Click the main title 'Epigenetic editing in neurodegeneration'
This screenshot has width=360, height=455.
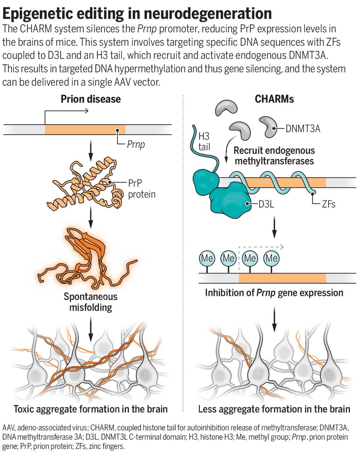137,14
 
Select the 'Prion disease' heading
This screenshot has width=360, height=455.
91,99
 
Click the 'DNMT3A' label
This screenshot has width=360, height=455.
303,129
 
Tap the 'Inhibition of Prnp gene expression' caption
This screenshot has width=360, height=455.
274,293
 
